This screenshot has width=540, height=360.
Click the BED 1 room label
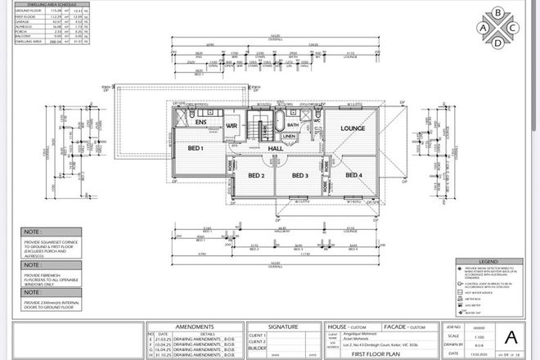click(x=195, y=148)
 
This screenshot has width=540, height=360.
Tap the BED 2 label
click(x=256, y=175)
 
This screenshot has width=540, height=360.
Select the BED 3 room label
click(x=299, y=175)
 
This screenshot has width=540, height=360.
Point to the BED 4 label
click(x=353, y=175)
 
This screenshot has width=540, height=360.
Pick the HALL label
click(x=287, y=148)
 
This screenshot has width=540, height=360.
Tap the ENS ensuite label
click(x=201, y=122)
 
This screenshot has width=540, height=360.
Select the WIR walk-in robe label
click(x=231, y=125)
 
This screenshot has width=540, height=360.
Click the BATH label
click(x=304, y=126)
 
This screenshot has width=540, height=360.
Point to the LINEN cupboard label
click(x=300, y=137)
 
